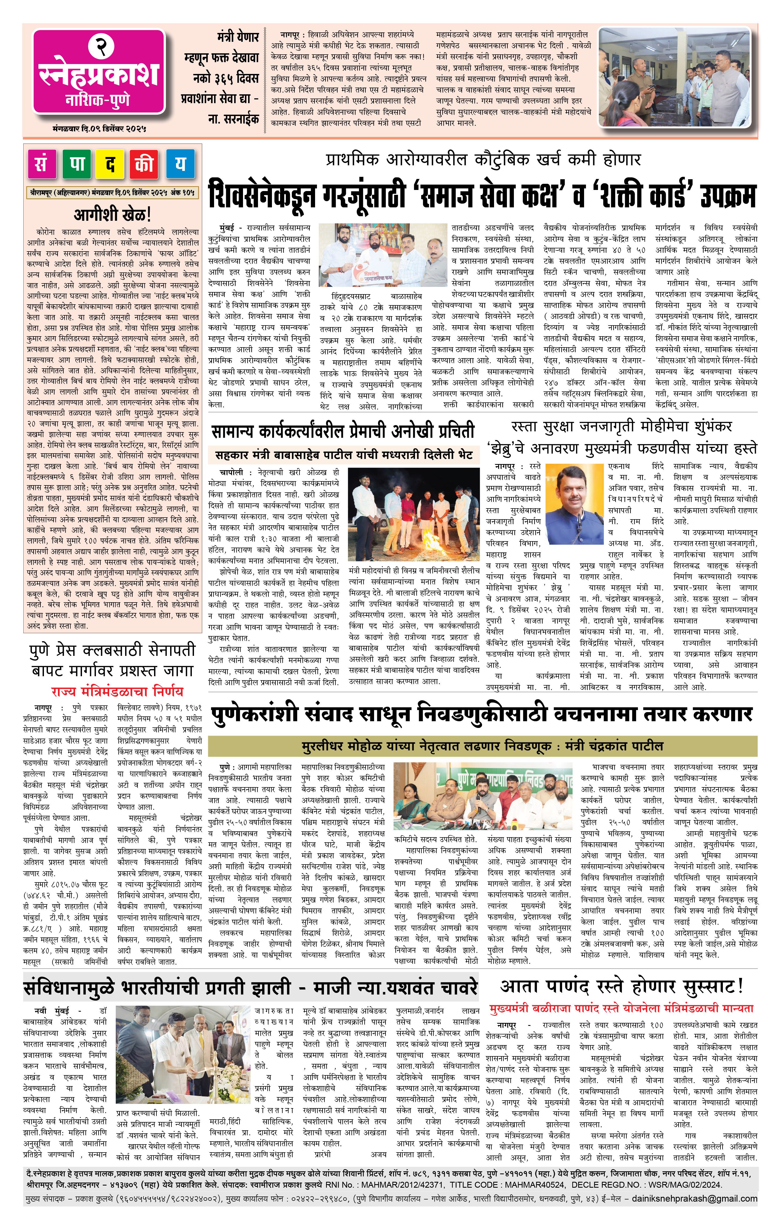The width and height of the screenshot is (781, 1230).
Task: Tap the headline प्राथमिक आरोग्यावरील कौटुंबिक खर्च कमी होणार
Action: (x=483, y=160)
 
